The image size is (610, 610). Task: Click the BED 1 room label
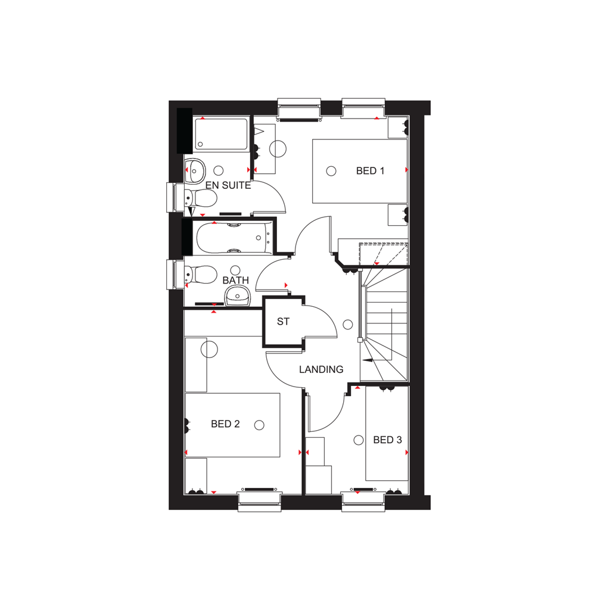coord(370,171)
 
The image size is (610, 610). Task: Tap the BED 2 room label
coord(225,424)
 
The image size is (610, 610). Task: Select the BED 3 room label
coord(387,440)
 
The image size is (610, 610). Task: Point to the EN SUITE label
coord(228,185)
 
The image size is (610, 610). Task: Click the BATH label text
coord(235,280)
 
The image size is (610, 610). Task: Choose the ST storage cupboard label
coord(283,322)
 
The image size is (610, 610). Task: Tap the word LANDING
coord(321,369)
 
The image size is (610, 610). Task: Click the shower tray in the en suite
coord(220,135)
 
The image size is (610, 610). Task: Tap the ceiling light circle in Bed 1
coord(331,172)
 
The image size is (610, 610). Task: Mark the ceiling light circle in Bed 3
coord(358,440)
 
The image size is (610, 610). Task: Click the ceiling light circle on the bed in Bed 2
coord(259,425)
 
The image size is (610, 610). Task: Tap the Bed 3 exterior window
coord(363,501)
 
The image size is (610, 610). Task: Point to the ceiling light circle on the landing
coord(349,325)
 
